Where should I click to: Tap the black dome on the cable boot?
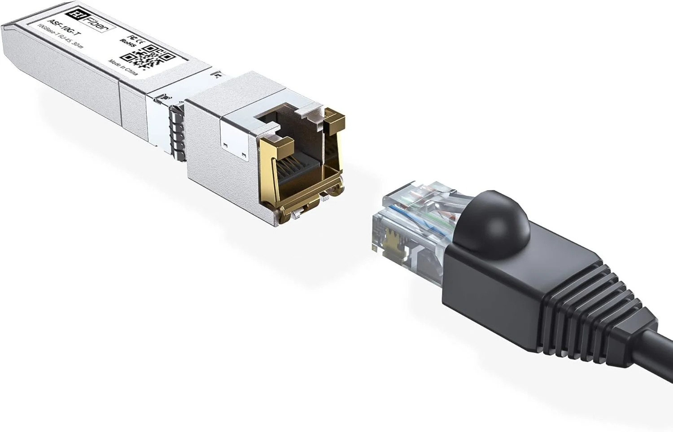coord(491,222)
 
